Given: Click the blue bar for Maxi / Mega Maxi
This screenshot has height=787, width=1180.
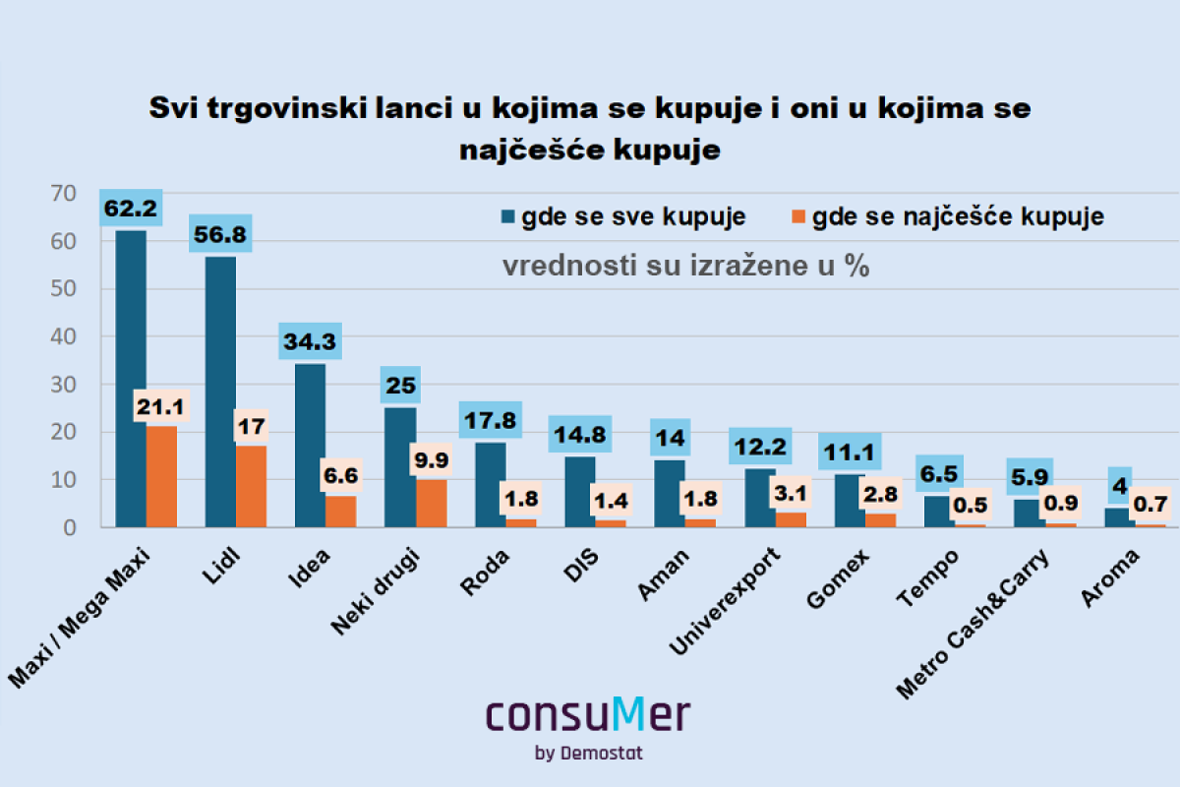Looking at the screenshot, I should (x=131, y=379).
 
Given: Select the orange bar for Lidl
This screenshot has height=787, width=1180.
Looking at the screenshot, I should (x=251, y=486).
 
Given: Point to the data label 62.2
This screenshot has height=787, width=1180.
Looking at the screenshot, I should (x=130, y=209).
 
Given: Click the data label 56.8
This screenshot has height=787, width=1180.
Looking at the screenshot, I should (x=220, y=234).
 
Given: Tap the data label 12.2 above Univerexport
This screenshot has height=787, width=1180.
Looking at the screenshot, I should (x=761, y=447).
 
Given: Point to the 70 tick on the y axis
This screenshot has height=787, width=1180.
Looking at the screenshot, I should (x=62, y=194).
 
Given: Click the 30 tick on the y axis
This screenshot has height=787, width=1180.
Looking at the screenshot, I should (x=62, y=385).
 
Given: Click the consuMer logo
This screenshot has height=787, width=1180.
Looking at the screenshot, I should (x=588, y=715).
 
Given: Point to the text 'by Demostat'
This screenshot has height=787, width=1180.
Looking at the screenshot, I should (x=589, y=754).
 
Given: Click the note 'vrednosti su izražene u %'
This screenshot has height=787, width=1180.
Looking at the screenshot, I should (x=686, y=267).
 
